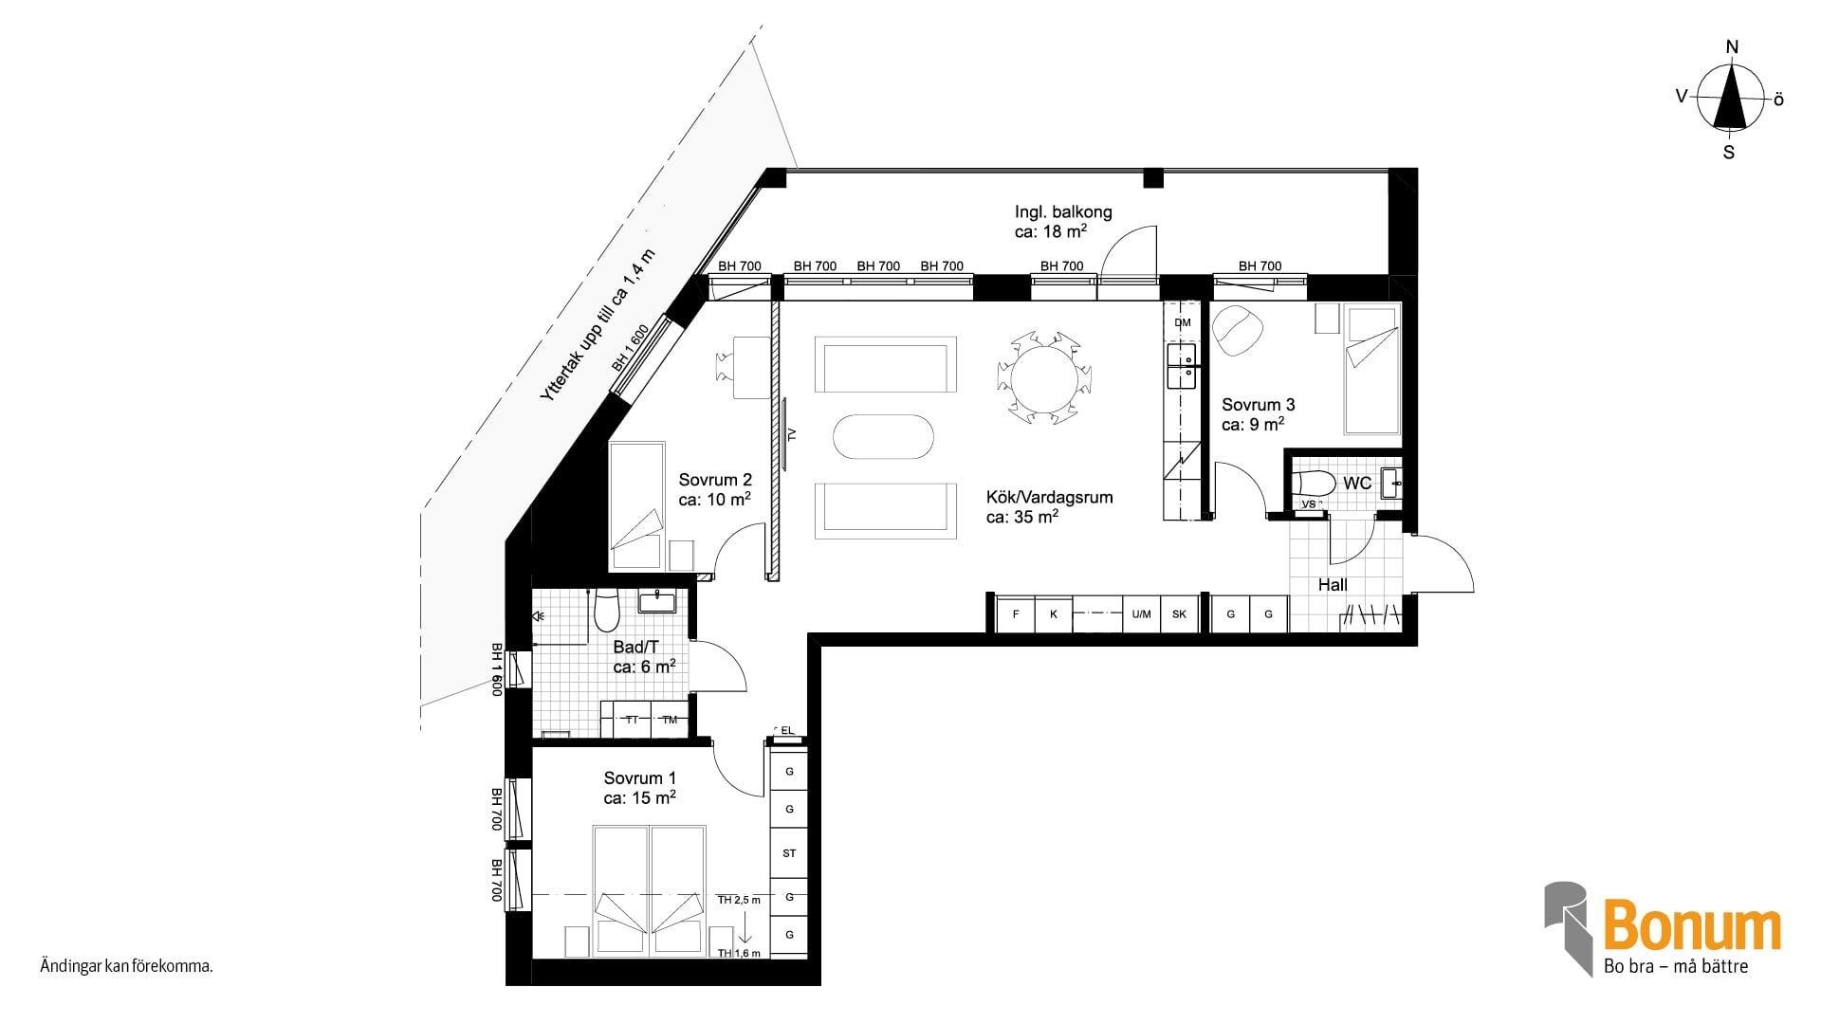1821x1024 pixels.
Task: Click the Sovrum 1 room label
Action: click(640, 778)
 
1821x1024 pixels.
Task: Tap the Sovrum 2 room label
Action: click(715, 480)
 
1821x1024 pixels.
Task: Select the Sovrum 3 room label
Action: click(1258, 405)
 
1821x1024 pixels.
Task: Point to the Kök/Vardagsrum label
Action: click(1049, 497)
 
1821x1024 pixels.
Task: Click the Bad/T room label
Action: click(635, 647)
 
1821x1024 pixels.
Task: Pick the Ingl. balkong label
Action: click(1063, 212)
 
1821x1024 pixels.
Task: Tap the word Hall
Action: click(1333, 585)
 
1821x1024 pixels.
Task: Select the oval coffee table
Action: click(883, 437)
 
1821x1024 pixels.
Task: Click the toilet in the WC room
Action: click(1314, 483)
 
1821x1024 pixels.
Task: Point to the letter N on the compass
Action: click(1732, 47)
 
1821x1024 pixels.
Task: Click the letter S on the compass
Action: click(1729, 152)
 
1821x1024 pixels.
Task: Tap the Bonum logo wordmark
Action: click(1692, 926)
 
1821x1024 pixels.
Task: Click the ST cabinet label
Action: click(789, 853)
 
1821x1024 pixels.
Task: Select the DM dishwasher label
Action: click(1183, 323)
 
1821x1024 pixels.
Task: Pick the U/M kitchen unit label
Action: click(1141, 614)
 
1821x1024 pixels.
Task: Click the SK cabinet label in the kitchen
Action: click(1179, 614)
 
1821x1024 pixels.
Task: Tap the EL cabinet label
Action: click(787, 730)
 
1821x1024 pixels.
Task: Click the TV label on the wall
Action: click(793, 435)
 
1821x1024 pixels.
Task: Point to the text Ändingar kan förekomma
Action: click(126, 967)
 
